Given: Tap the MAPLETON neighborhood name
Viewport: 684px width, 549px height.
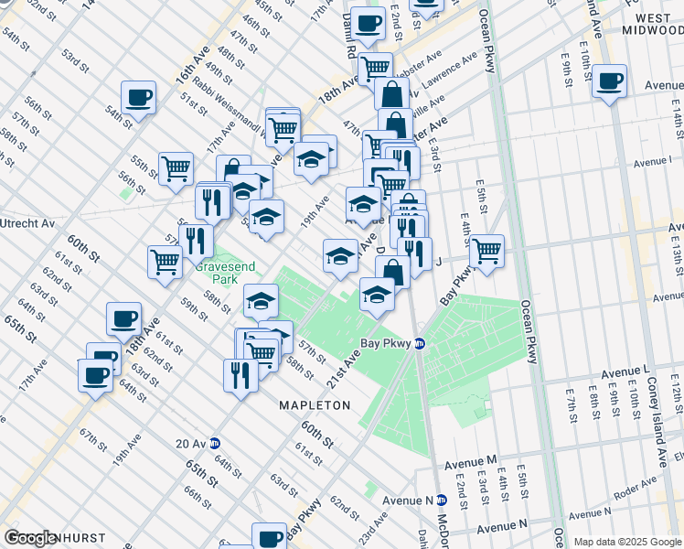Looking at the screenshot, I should point(315,404).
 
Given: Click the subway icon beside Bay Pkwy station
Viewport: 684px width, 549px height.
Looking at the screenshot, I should point(420,344).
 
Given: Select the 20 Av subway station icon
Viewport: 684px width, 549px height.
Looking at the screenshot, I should point(214,443).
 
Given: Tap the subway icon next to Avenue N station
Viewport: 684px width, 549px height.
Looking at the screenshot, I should point(441,500).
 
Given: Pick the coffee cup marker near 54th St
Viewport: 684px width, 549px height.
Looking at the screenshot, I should point(139,97).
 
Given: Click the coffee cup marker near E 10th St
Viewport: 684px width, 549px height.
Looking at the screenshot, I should point(609,81).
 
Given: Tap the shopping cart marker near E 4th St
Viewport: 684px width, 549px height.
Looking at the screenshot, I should point(486,249).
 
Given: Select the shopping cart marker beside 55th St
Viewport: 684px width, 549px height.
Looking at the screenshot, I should point(176,167).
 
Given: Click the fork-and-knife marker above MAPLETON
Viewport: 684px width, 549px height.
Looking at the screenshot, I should point(240,374).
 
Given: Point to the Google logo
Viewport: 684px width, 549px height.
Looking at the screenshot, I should point(29,538).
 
